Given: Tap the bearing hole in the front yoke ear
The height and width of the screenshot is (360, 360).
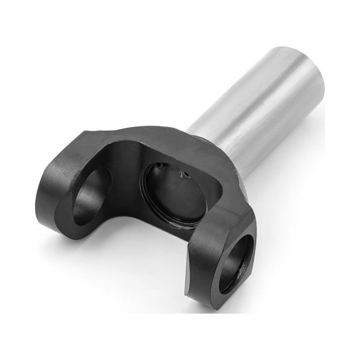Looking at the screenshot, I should pyautogui.click(x=236, y=262).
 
